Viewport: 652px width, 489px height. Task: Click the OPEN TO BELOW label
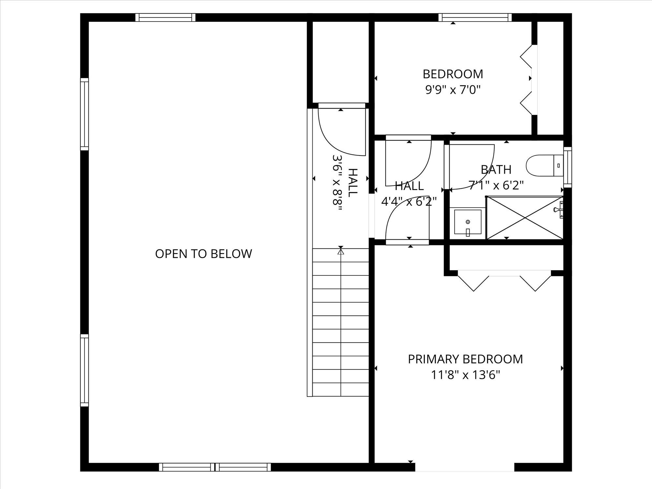tap(203, 254)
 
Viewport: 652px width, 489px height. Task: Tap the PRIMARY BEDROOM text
tap(465, 359)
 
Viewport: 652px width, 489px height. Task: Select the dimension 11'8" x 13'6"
tap(465, 375)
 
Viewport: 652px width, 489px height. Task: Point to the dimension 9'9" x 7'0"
tap(453, 89)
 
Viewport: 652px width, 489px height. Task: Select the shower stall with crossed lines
tap(524, 217)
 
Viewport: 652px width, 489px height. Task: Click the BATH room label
tap(496, 170)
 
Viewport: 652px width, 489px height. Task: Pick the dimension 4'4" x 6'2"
tap(409, 201)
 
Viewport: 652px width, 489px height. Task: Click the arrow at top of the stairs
tap(341, 251)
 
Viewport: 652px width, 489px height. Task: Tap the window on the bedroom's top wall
tap(475, 17)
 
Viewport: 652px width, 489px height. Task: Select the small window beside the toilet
tap(568, 167)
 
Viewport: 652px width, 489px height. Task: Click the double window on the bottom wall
tap(215, 467)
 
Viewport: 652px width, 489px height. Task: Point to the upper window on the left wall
tap(84, 114)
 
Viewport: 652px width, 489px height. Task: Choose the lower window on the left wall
tap(84, 370)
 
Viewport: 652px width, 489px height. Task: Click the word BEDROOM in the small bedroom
tap(453, 74)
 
